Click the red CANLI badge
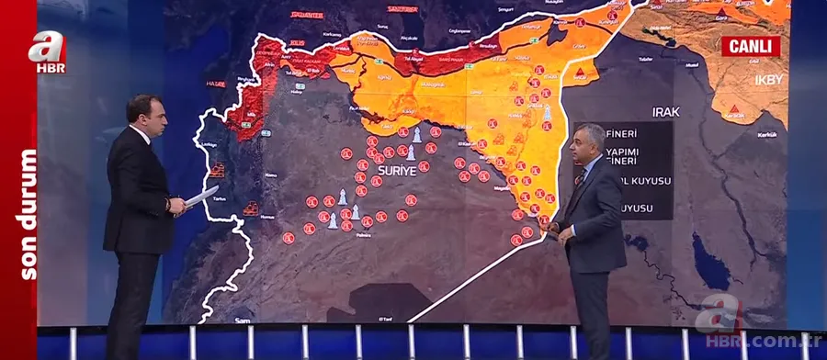pyautogui.click(x=750, y=46)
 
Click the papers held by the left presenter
pyautogui.click(x=201, y=197)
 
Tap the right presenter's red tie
pyautogui.click(x=580, y=176)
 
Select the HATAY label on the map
pyautogui.click(x=216, y=84)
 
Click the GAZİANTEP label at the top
pyautogui.click(x=307, y=15)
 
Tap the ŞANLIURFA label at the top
pyautogui.click(x=402, y=7)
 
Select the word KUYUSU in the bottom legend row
pyautogui.click(x=636, y=208)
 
